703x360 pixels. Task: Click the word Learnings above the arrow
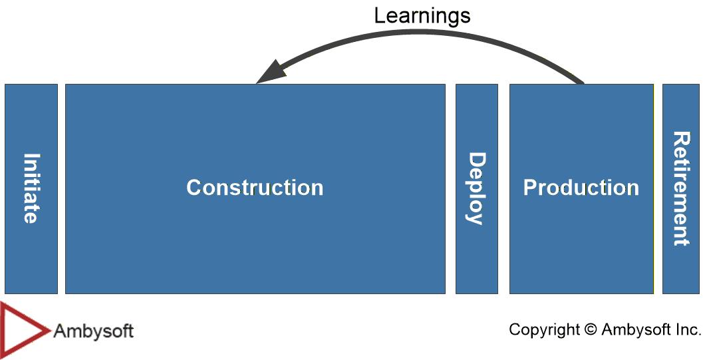click(422, 17)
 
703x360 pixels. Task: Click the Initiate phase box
click(31, 189)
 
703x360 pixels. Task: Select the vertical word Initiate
click(31, 188)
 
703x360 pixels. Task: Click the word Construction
click(255, 188)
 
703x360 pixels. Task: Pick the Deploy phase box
click(477, 189)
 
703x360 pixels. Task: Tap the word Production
click(581, 188)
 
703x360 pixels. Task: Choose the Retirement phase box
click(680, 189)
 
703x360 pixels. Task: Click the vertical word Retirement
click(681, 188)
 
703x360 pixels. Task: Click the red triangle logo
click(25, 330)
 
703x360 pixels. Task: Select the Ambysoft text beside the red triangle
click(93, 331)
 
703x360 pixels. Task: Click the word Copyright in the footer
click(544, 330)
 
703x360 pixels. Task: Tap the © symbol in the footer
click(591, 330)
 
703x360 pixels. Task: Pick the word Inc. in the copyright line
click(688, 329)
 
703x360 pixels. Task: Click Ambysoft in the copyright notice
click(636, 330)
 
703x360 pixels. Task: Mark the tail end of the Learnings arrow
click(583, 83)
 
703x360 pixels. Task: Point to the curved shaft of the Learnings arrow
click(422, 33)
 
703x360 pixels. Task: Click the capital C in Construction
click(194, 188)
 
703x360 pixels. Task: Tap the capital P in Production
click(530, 188)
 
